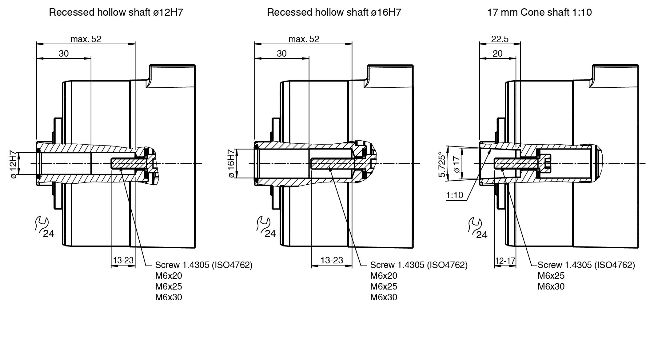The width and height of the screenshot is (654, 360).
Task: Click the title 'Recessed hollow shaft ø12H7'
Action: (116, 12)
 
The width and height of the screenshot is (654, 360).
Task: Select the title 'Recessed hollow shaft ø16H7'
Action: (334, 12)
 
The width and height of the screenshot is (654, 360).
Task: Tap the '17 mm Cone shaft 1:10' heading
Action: (539, 12)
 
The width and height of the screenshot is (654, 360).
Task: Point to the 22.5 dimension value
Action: (500, 39)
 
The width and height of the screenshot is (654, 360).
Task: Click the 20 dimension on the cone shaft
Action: (497, 54)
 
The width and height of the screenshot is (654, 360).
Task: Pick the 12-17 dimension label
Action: (505, 261)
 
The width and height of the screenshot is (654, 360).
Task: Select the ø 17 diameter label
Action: (457, 164)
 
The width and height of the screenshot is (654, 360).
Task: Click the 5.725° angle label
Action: (442, 164)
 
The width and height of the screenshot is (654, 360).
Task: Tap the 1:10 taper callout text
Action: (455, 195)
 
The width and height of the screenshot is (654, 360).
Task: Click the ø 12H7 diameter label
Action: (13, 164)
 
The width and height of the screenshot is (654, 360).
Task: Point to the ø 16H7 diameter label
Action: (231, 163)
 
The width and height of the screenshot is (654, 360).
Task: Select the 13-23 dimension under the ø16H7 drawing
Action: (332, 260)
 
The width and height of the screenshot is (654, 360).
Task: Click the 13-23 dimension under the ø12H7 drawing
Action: (123, 260)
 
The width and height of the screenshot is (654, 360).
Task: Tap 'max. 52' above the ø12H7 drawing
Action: (86, 39)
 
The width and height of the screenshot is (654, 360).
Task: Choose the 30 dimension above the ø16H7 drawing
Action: (281, 54)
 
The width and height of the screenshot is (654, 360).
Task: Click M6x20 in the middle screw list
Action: (384, 276)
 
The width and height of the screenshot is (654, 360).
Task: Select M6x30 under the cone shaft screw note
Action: (551, 286)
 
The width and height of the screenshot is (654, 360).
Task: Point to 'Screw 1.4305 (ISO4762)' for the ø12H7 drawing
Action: (204, 265)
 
